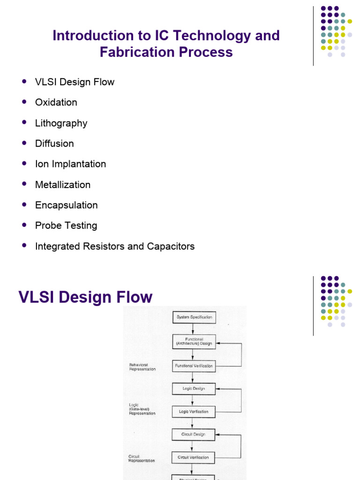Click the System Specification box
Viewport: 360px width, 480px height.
[194, 317]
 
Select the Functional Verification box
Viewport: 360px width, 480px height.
[194, 366]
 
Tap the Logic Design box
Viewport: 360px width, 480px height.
[194, 389]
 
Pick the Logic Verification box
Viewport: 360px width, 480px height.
[194, 412]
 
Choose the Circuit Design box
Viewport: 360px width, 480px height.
[194, 435]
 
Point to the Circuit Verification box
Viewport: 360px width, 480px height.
[194, 457]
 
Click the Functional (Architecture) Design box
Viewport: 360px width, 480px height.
[194, 341]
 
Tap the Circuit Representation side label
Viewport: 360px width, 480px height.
[142, 458]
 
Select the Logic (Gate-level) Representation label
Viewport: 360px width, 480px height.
[142, 409]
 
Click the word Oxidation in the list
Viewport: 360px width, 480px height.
[56, 102]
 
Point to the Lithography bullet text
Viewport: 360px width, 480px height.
[61, 123]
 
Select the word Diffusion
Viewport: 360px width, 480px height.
[54, 143]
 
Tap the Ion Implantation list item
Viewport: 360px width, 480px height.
[70, 164]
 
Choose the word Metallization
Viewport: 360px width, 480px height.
[63, 185]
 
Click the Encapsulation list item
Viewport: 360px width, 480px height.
[66, 205]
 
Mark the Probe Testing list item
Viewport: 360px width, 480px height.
[66, 225]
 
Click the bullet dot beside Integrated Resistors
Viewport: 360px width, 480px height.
[24, 246]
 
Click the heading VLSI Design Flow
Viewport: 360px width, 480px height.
[85, 297]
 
